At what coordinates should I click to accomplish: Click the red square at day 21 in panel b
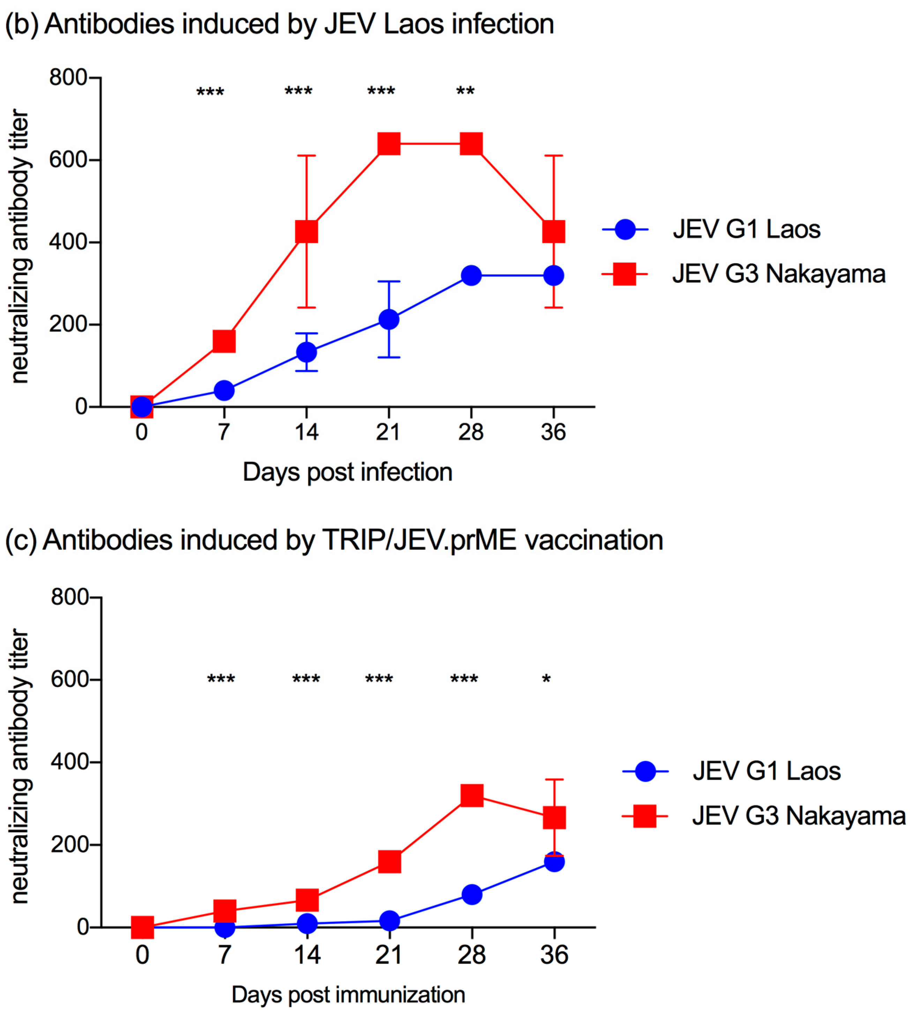coord(389,144)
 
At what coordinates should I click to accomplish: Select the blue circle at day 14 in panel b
coord(306,352)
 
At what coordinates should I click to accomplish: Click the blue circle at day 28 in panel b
coord(471,275)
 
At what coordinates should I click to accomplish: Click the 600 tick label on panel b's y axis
coord(68,160)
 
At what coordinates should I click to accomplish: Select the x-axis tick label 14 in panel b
coord(306,432)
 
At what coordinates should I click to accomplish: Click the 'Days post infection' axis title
coord(348,472)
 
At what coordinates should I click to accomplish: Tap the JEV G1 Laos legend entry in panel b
coord(746,229)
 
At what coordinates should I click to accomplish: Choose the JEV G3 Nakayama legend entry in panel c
coord(798,816)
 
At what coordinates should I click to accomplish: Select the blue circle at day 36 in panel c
coord(554,862)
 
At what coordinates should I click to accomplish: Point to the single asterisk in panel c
coord(546,680)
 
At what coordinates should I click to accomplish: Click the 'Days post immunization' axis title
coord(348,995)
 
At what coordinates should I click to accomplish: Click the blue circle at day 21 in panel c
coord(389,920)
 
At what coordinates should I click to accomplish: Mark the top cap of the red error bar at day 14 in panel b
coord(306,156)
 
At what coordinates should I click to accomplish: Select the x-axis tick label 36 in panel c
coord(554,955)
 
